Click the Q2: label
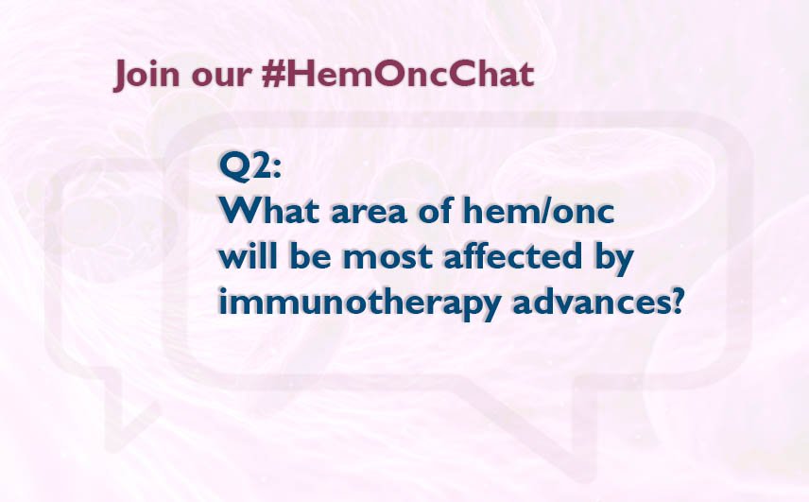[250, 166]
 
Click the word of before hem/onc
[436, 212]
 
